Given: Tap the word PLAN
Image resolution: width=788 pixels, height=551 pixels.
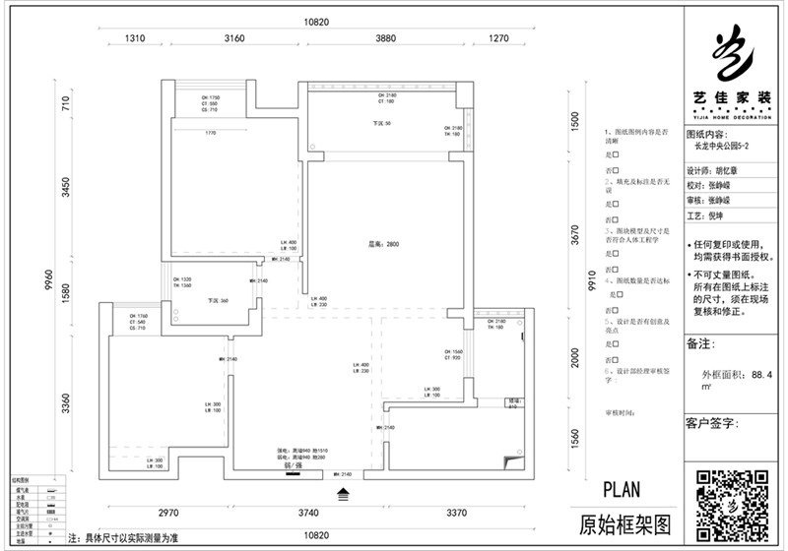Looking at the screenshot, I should click(621, 489).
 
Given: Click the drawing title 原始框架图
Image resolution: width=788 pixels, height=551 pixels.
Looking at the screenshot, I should click(624, 521).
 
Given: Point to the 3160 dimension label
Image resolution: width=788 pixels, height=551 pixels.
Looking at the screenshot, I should click(234, 39).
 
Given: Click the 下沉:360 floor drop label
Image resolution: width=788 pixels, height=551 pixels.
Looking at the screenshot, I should click(219, 301).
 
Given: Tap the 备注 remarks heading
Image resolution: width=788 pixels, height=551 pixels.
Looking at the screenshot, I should click(698, 345).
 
